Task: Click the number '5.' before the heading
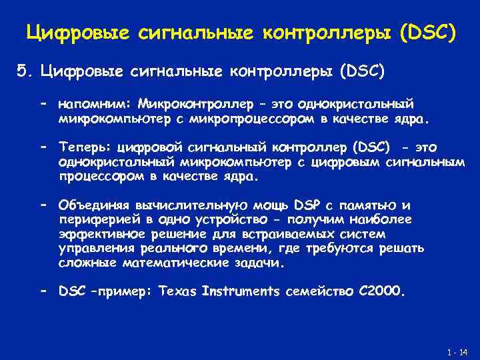point(25,71)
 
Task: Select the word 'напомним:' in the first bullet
point(96,105)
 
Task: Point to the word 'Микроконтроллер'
point(197,104)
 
